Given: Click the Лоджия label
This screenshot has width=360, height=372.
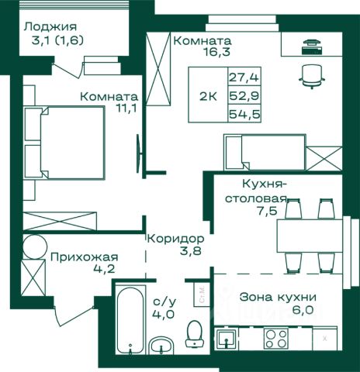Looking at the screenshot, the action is point(50,27).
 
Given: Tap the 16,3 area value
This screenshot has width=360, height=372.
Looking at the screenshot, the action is point(216,52).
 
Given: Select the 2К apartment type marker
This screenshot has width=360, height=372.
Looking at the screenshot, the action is point(208,97).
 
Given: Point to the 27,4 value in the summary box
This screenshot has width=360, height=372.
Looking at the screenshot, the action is point(244,77).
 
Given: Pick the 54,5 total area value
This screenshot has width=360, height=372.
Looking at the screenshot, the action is point(244,114).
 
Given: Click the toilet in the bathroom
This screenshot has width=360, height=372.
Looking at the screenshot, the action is point(195,333).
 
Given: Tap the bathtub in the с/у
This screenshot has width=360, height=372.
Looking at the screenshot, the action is point(130,320).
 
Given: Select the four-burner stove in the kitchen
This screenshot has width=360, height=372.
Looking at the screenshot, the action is point(276,338).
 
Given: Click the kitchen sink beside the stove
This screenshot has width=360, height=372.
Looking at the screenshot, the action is point(226,339).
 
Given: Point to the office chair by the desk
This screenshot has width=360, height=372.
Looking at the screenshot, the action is point(312,76).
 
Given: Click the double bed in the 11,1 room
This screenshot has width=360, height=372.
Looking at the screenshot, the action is point(64,143).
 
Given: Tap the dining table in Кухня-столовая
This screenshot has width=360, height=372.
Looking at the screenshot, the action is point(310,236).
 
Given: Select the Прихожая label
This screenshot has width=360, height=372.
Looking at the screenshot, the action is point(85,257).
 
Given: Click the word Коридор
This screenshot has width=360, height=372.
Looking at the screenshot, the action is point(175,239).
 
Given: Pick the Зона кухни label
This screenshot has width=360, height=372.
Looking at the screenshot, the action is point(278,297).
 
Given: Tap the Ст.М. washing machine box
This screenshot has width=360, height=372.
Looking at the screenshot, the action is point(202,295).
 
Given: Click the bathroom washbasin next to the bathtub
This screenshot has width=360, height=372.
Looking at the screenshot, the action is point(161,346).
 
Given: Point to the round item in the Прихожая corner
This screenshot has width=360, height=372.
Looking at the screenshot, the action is point(35,246).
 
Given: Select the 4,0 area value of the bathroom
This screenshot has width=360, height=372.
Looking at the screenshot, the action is point(164,315).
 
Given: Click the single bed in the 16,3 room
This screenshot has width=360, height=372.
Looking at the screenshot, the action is point(265,152).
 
